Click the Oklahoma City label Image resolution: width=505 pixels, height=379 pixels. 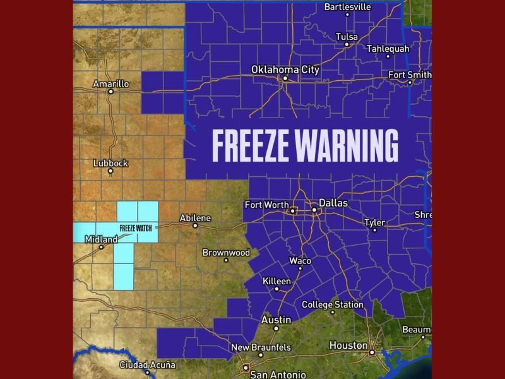pos(285,69)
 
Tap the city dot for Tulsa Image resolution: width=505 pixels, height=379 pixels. pos(347,44)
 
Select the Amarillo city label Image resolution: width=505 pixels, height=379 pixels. pos(110,83)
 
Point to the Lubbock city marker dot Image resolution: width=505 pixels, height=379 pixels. pos(110,171)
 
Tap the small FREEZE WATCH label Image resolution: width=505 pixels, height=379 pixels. pos(136,227)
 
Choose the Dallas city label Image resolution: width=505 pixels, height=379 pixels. pos(333,203)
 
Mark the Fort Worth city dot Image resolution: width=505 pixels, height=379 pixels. pos(293,211)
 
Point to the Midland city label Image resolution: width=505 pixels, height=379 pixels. pos(101,239)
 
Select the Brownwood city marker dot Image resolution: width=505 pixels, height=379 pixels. pos(225,260)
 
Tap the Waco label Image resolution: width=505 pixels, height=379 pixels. pos(300,261)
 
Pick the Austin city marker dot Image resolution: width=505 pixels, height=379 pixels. pos(276,328)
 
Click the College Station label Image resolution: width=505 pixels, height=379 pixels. pos(332,304)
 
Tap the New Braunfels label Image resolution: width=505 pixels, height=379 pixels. pos(261,347)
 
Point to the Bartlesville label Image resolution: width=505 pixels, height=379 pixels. pos(347,7)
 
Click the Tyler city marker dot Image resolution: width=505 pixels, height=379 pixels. pos(374,230)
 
